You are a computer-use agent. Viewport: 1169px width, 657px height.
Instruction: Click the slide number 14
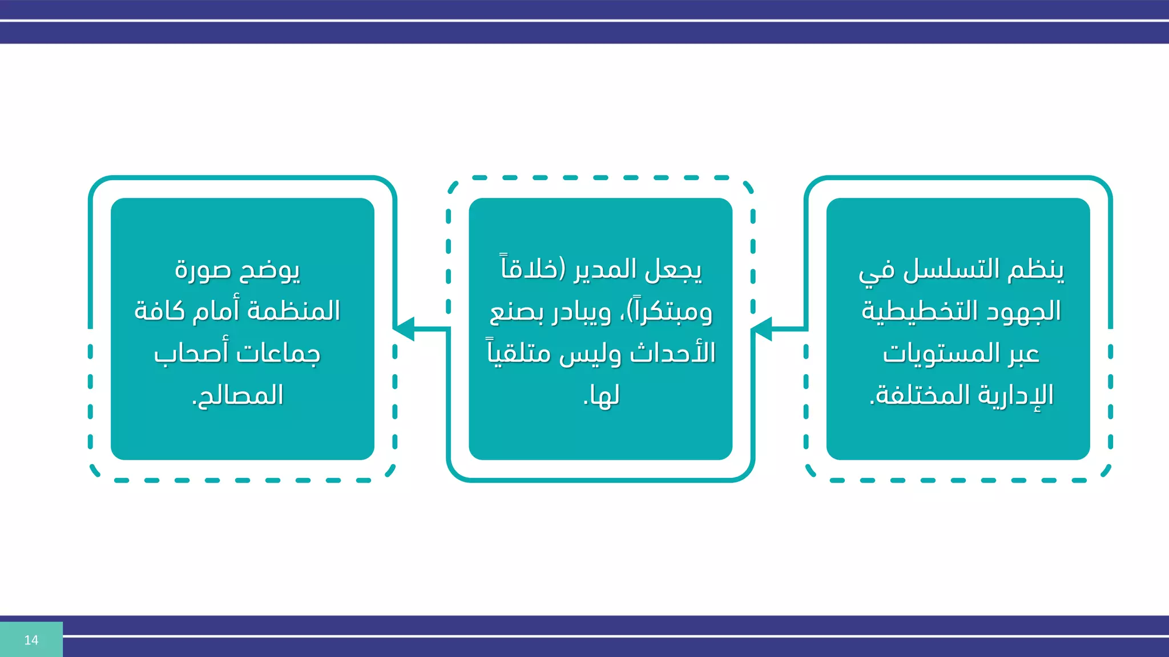pos(31,640)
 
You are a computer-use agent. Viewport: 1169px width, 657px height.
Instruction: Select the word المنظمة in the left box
pos(293,311)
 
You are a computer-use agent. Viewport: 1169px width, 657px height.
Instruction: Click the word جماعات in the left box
pos(278,354)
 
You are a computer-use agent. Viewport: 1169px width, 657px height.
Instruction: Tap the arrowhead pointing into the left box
pos(405,329)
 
